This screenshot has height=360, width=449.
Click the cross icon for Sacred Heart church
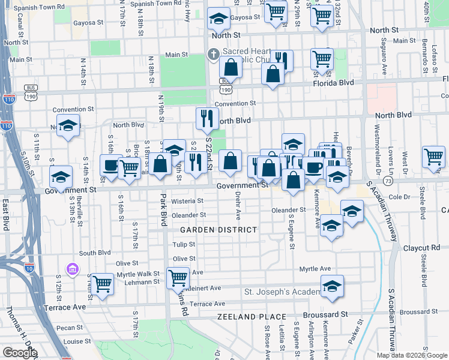click(212, 55)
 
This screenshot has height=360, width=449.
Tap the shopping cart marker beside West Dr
click(433, 157)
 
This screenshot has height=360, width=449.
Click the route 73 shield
click(389, 180)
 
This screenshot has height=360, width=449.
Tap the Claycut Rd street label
click(421, 247)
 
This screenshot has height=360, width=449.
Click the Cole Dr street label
click(399, 196)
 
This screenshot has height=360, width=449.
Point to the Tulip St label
click(184, 244)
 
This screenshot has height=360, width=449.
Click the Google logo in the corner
click(20, 352)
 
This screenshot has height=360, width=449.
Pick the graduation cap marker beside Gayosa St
click(218, 19)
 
